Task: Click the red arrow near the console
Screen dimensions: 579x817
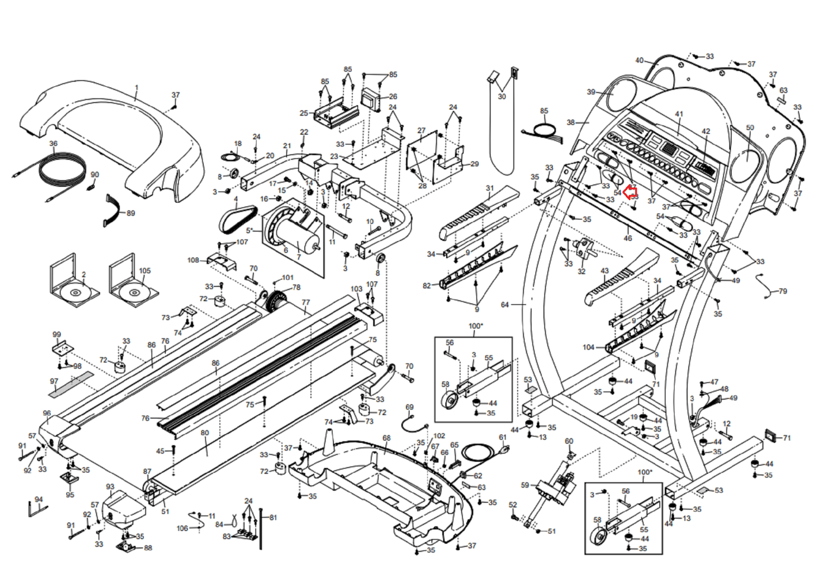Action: click(632, 192)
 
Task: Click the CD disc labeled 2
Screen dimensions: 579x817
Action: click(75, 293)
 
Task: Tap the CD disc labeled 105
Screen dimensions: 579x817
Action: click(134, 293)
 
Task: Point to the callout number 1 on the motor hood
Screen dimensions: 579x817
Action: click(136, 88)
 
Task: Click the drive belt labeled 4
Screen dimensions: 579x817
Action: click(236, 218)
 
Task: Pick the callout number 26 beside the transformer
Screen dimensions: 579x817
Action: click(393, 96)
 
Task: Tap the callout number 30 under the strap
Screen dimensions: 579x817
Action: click(502, 96)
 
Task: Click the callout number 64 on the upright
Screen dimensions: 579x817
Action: click(504, 305)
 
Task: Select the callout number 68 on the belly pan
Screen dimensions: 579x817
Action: click(387, 438)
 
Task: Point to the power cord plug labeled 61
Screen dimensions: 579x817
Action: click(506, 450)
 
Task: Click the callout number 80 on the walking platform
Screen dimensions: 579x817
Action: click(205, 433)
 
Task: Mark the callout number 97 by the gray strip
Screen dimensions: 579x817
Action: click(54, 381)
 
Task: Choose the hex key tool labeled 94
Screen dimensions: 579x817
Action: click(37, 509)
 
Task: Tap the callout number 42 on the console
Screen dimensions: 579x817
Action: click(706, 131)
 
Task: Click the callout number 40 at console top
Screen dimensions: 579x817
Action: click(639, 60)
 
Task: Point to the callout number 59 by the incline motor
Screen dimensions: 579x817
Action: click(525, 485)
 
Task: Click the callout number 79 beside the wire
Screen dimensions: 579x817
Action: click(783, 291)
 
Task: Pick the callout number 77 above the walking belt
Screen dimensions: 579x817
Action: click(305, 302)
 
